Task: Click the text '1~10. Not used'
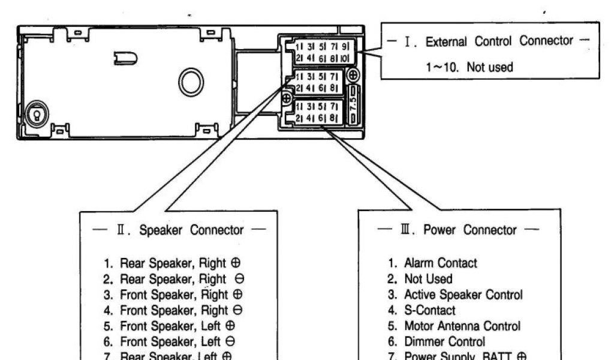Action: click(x=469, y=67)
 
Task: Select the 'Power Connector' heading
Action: click(x=469, y=230)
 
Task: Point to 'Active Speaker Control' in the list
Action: click(x=463, y=295)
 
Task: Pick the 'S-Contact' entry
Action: click(x=429, y=310)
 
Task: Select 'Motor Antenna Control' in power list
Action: click(x=462, y=326)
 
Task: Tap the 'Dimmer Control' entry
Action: click(x=444, y=342)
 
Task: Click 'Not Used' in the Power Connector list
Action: click(x=428, y=279)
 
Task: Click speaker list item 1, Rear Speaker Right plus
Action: click(x=180, y=263)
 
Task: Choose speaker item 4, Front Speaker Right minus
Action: click(x=182, y=310)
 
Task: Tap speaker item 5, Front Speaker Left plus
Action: click(x=177, y=326)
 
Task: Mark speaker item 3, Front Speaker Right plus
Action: click(x=182, y=295)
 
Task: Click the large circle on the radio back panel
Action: click(x=191, y=82)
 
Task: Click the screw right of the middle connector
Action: click(x=353, y=76)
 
